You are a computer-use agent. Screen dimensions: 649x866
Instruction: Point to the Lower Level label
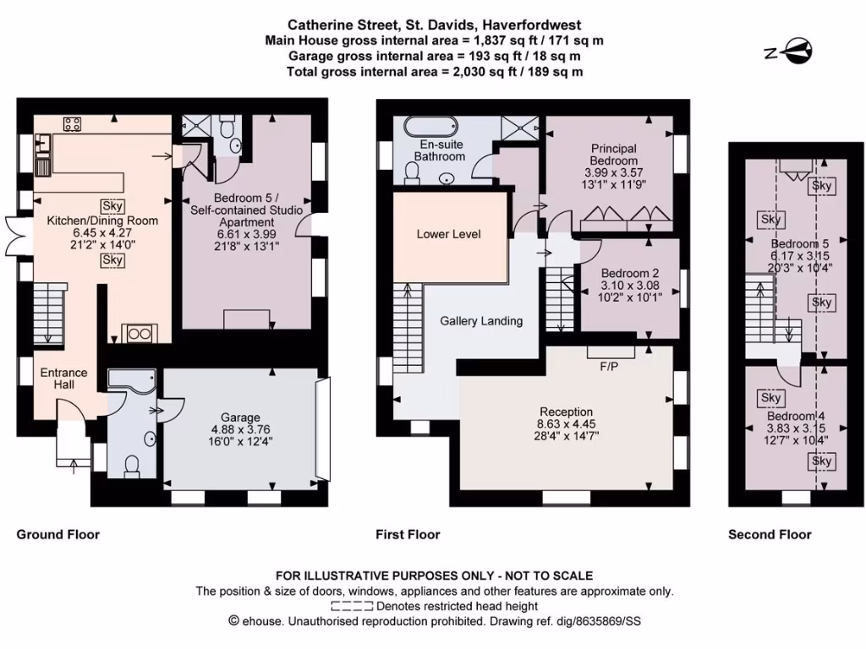click(448, 233)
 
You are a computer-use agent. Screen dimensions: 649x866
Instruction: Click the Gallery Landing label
click(481, 321)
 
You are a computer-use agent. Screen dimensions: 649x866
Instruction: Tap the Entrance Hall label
click(64, 379)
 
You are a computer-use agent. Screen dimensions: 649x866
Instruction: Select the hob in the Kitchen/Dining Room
click(73, 124)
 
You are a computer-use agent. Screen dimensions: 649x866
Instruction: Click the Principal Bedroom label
click(614, 155)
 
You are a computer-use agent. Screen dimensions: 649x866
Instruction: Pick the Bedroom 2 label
click(630, 274)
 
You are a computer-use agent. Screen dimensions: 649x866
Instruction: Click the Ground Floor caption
click(58, 534)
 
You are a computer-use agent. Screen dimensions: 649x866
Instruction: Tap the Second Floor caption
click(770, 534)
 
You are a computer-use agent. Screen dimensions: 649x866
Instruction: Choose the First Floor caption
click(408, 534)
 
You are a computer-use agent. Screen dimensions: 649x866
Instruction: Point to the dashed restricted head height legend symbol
click(351, 606)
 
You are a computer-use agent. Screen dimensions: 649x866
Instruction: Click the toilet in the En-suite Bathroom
click(414, 172)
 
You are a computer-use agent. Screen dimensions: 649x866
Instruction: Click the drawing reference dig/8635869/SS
click(574, 621)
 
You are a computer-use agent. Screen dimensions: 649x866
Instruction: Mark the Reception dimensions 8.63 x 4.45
click(567, 424)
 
